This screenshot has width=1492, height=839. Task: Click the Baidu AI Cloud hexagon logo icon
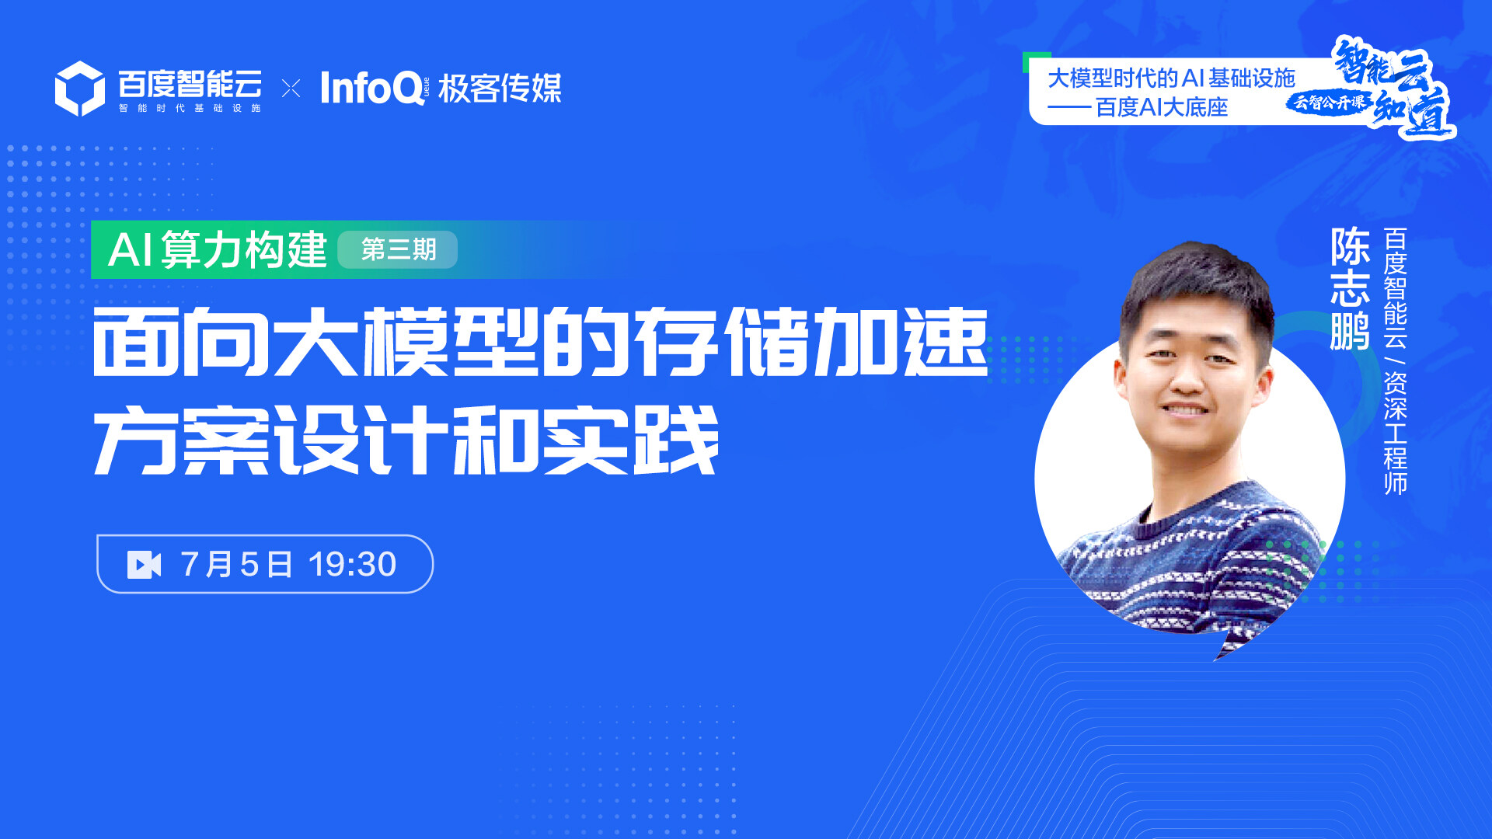(79, 89)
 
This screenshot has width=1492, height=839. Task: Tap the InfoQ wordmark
(374, 88)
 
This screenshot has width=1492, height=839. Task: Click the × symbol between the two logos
(291, 89)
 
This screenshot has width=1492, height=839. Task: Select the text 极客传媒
(500, 89)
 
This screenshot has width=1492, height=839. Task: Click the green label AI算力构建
(218, 250)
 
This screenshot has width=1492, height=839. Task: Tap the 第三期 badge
(398, 249)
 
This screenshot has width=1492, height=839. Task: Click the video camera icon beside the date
(144, 565)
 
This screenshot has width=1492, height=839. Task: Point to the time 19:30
(352, 565)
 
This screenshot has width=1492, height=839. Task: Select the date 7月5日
(236, 565)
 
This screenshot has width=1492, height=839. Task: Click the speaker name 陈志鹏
(1350, 288)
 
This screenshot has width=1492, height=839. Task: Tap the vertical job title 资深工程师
(1396, 433)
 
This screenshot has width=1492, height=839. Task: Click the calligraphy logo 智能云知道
(1396, 87)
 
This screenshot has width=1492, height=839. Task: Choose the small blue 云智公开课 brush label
(1329, 102)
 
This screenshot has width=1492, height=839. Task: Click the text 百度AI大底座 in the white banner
(1162, 107)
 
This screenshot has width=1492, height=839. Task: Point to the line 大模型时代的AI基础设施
(1171, 78)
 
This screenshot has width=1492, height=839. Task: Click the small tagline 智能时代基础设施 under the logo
(190, 108)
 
